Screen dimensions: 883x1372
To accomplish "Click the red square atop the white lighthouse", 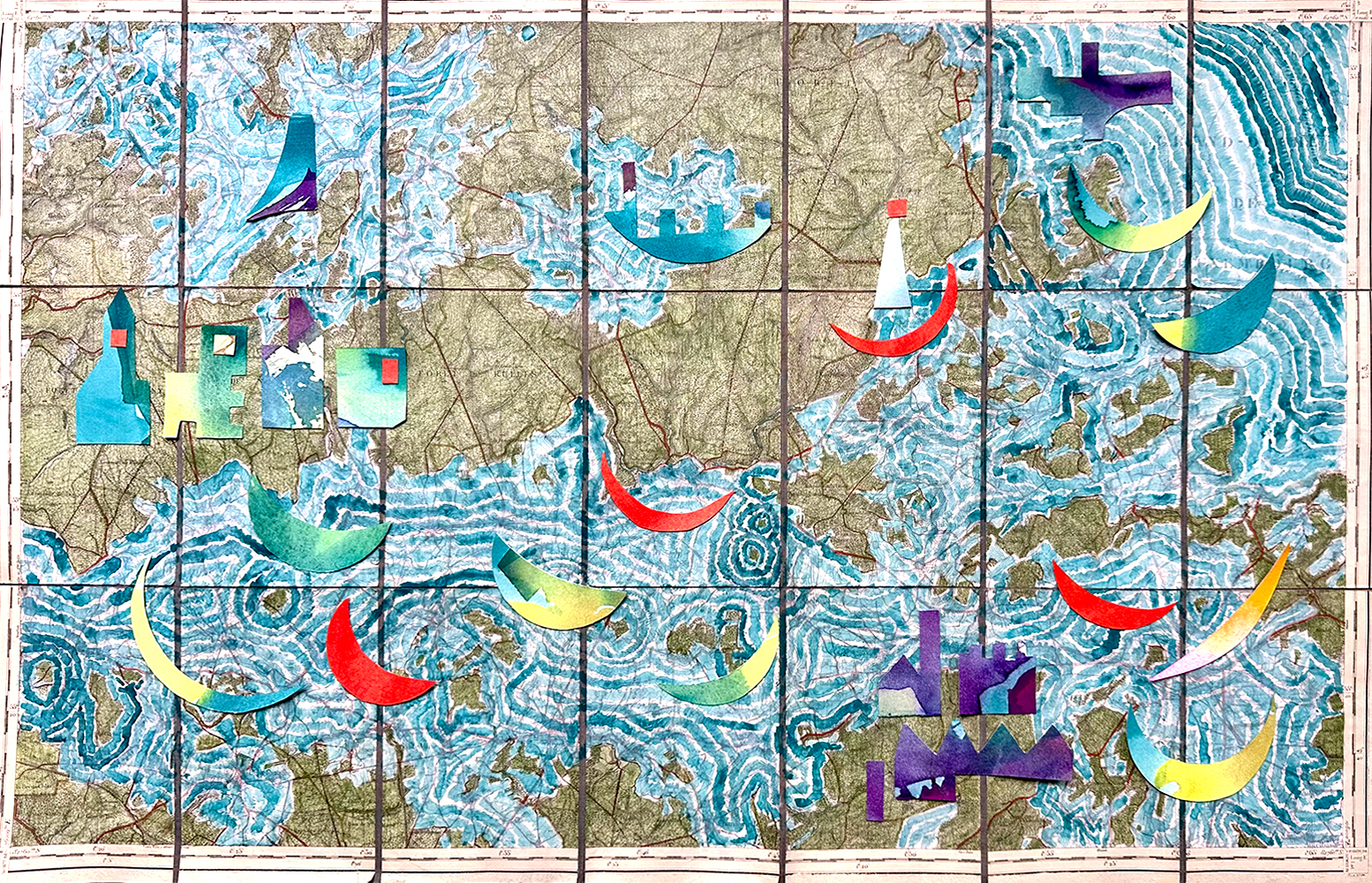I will (x=897, y=208).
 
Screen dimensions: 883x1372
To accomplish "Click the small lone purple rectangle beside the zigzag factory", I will (x=874, y=790).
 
